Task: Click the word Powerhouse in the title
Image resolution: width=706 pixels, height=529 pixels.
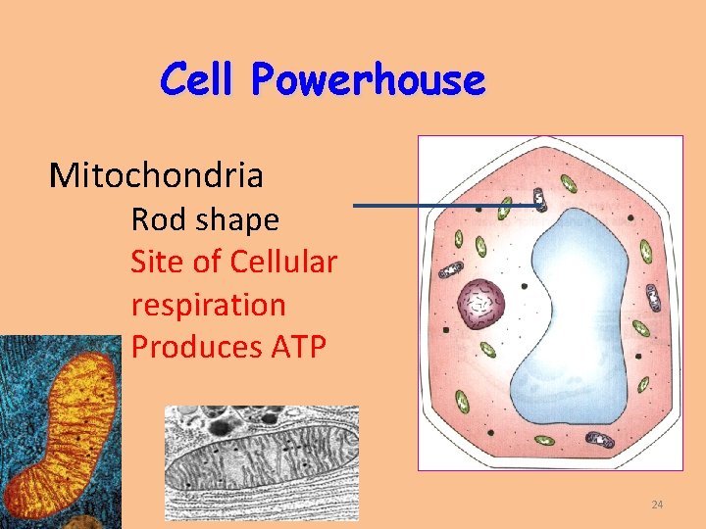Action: coord(368,80)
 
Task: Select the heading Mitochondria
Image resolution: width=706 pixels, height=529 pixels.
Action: coord(156,175)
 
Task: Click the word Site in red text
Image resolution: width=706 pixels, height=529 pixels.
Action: coord(156,263)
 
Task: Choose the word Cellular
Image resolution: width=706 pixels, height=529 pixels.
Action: coord(283,263)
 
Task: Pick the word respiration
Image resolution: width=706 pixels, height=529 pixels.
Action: coord(208,305)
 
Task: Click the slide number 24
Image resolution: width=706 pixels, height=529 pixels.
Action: coord(657,505)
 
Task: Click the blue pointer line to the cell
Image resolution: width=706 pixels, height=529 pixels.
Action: coord(441,206)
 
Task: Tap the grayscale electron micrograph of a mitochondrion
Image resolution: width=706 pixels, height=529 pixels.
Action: coord(261,457)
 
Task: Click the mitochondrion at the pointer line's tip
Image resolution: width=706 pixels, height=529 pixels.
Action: coord(539,201)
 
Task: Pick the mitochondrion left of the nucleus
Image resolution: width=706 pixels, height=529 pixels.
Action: coord(451,269)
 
